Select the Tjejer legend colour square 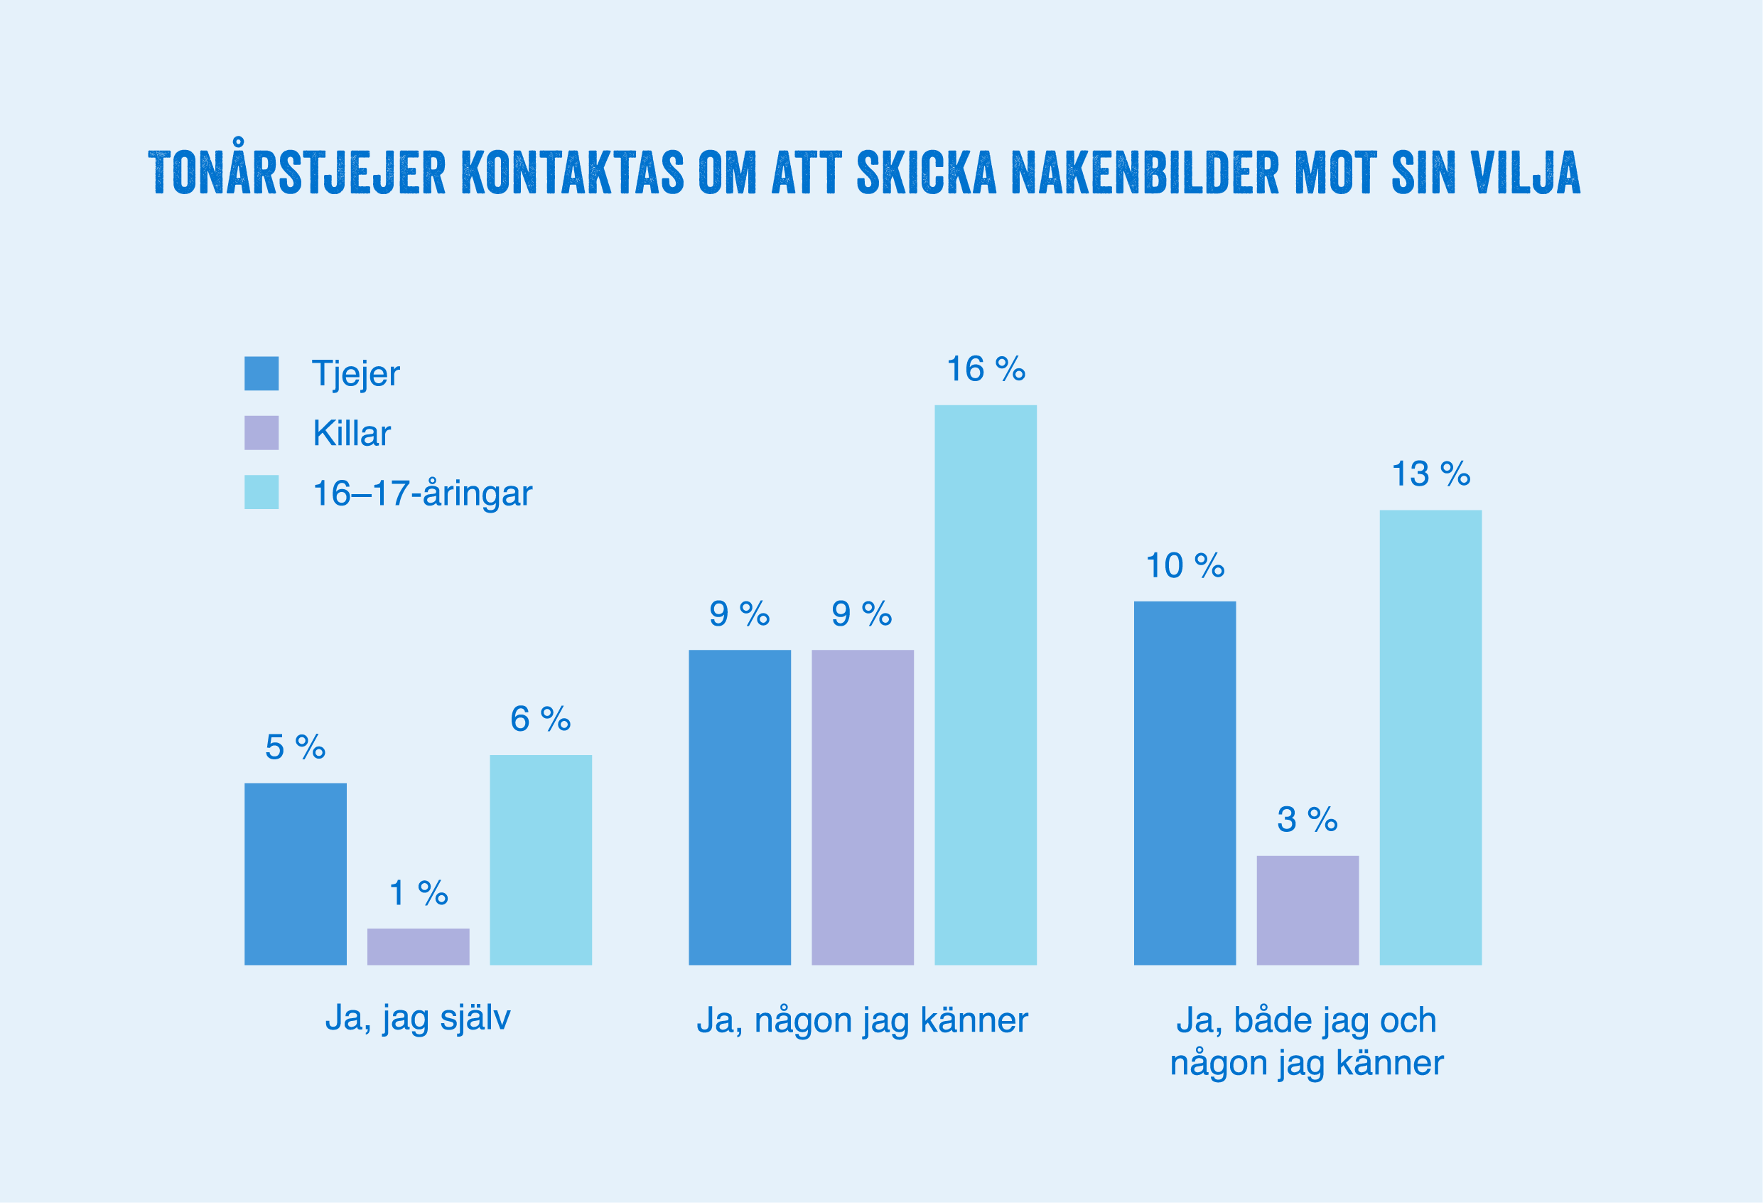tap(261, 373)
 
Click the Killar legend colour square tap(261, 432)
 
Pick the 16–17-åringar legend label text tap(422, 493)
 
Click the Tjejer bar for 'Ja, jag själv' tap(295, 874)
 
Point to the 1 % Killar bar tap(418, 946)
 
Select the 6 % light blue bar tap(540, 860)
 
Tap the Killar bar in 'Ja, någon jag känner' tap(862, 807)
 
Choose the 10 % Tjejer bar tap(1184, 783)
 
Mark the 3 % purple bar tap(1307, 910)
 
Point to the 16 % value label tap(986, 370)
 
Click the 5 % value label tap(295, 747)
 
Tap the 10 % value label tap(1184, 566)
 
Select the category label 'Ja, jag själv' tap(418, 1019)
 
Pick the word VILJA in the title tap(1525, 173)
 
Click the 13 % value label tap(1430, 474)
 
